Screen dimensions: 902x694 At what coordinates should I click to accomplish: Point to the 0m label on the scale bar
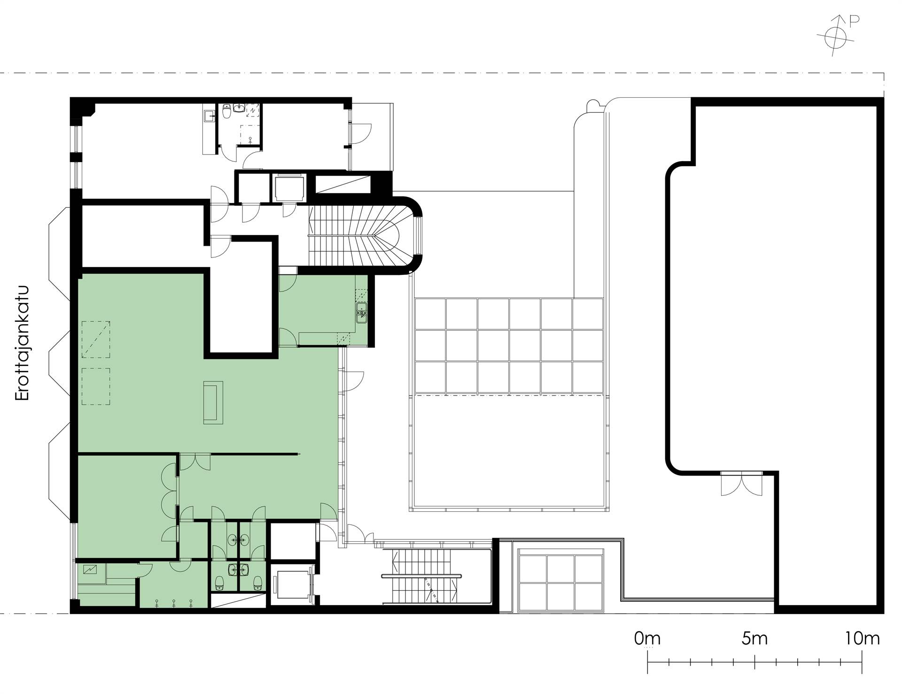[x=647, y=639]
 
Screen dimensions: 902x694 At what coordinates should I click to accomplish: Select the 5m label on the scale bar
[x=755, y=639]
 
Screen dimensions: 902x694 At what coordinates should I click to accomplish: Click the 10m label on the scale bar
[x=863, y=639]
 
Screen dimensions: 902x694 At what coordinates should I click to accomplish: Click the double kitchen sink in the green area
[x=361, y=313]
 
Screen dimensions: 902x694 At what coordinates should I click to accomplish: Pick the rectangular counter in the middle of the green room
[x=213, y=402]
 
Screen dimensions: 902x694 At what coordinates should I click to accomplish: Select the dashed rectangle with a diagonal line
[x=96, y=340]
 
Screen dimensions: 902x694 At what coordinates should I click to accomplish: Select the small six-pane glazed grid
[x=560, y=583]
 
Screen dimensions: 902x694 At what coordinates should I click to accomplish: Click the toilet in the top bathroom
[x=227, y=112]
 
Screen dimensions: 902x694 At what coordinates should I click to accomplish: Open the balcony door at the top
[x=361, y=134]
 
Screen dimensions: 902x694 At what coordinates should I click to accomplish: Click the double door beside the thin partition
[x=195, y=462]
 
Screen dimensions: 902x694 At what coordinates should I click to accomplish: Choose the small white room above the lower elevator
[x=293, y=541]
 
